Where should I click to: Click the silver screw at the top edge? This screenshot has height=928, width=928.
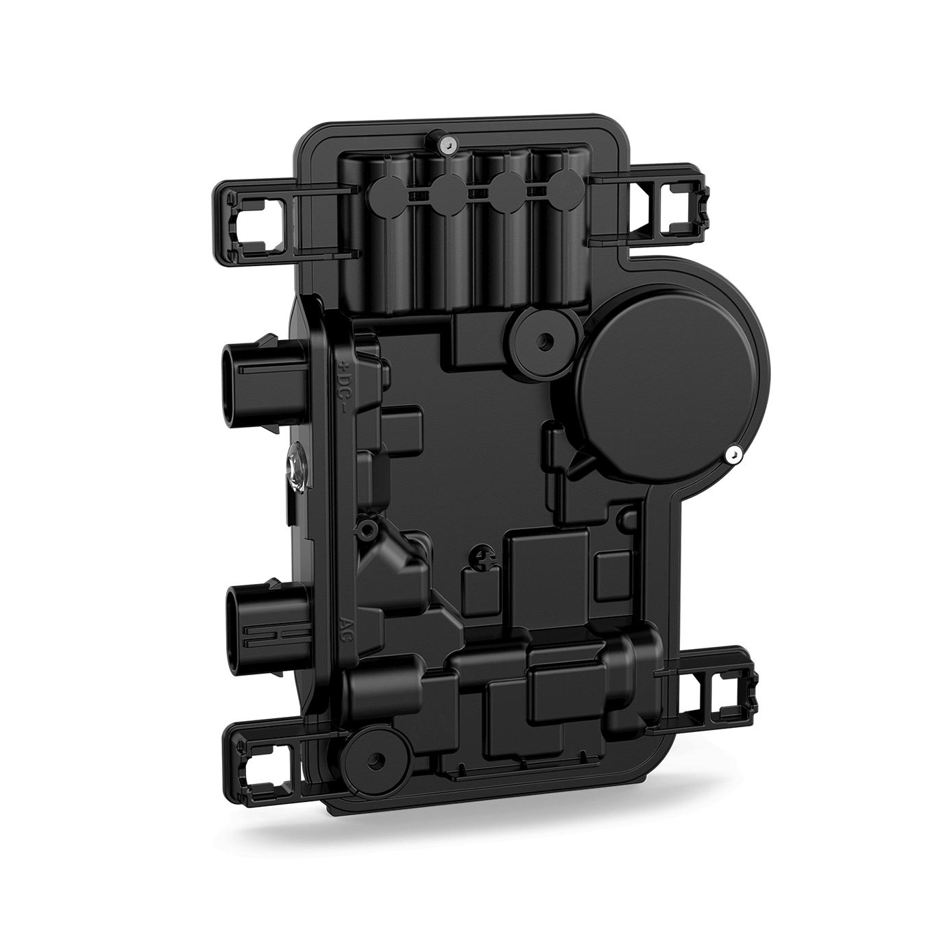point(448,144)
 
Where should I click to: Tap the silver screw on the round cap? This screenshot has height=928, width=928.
point(734,454)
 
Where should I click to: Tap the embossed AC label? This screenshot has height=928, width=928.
point(347,626)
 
